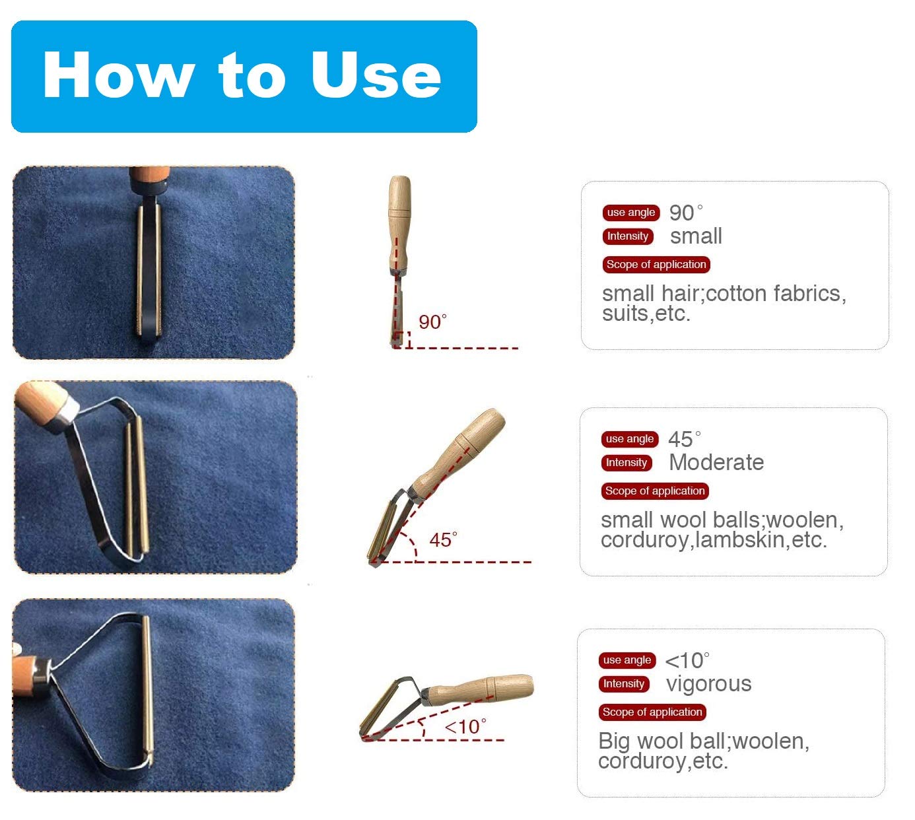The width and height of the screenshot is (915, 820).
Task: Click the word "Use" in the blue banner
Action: coord(376,74)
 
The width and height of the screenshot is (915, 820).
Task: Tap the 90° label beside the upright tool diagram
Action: coord(432,322)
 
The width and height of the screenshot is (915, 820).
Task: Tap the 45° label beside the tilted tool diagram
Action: coord(443,539)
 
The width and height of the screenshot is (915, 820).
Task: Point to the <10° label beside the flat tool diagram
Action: coord(465,727)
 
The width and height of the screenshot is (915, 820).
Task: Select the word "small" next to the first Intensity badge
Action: coord(696,236)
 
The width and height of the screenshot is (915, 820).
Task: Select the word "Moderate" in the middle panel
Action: coord(716,463)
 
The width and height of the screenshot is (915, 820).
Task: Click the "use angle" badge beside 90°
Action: coord(631,213)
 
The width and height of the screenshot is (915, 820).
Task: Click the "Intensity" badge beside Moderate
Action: coord(627,463)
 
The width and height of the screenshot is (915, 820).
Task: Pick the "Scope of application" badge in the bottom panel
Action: coord(652,712)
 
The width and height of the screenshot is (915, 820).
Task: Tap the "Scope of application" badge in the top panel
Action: coord(656,265)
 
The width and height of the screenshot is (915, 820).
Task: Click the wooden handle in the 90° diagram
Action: coord(399,224)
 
